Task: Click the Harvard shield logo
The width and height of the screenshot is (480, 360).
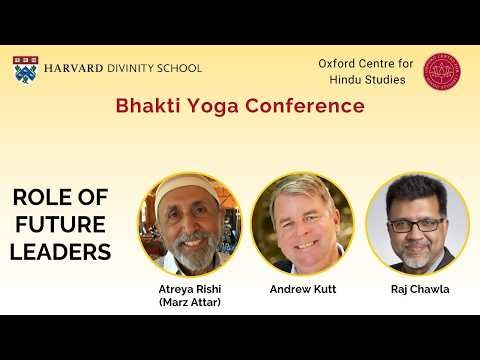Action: click(x=26, y=69)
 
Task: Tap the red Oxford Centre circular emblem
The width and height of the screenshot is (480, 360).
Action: click(x=442, y=70)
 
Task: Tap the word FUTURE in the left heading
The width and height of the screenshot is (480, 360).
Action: click(x=60, y=225)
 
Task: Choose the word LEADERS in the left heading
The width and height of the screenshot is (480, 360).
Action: click(x=60, y=252)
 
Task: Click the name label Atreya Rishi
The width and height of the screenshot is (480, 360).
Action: click(x=189, y=289)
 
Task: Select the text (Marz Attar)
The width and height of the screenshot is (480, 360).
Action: click(x=189, y=303)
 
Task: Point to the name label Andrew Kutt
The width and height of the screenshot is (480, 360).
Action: click(x=302, y=289)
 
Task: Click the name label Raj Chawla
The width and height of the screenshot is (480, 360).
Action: click(x=418, y=289)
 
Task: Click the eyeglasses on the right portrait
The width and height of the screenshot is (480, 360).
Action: click(x=415, y=225)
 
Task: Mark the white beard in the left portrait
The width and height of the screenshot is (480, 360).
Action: click(x=189, y=255)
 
